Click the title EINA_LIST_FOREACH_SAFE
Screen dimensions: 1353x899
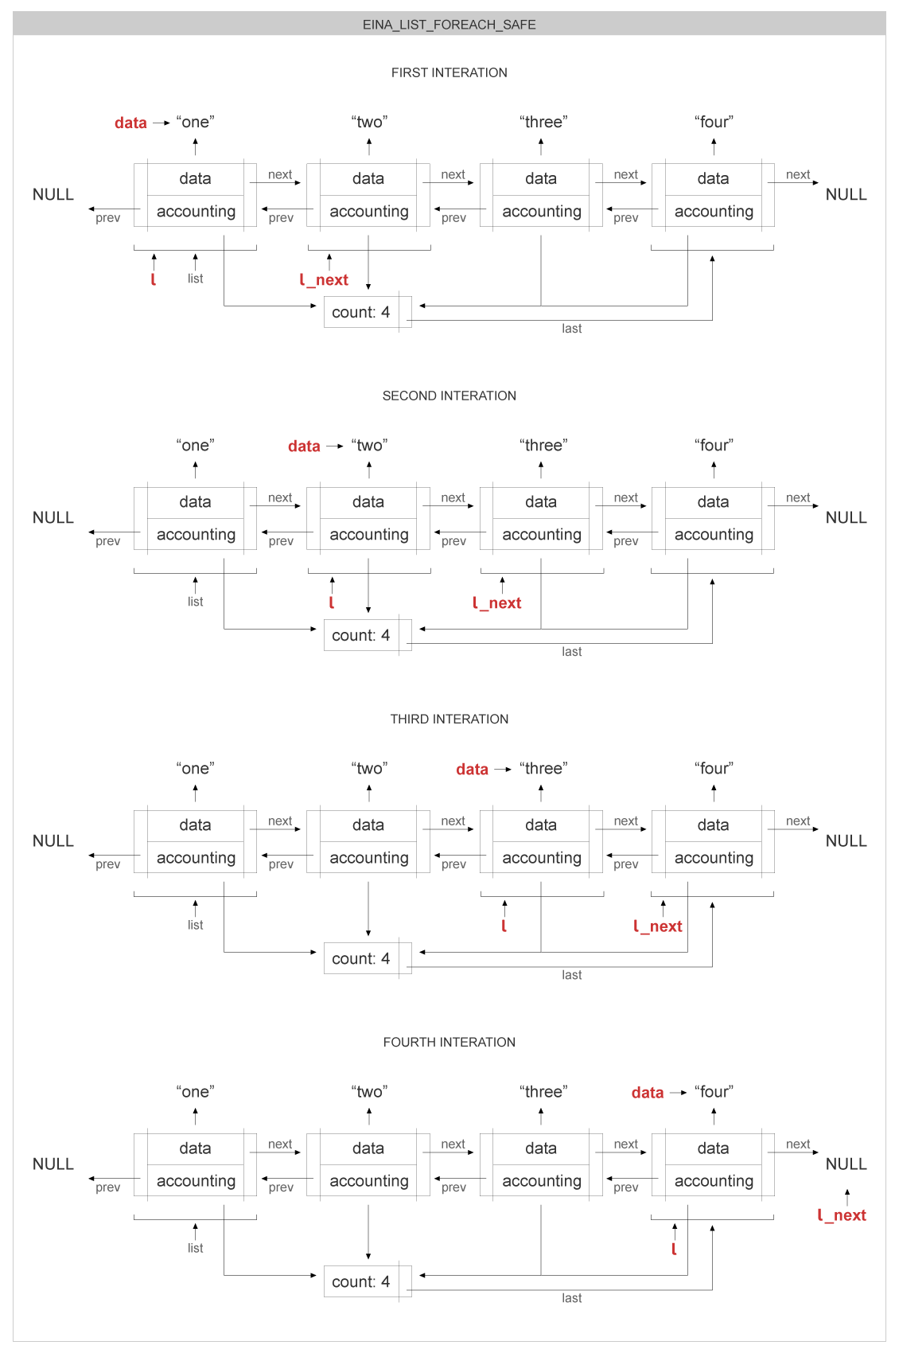pyautogui.click(x=449, y=25)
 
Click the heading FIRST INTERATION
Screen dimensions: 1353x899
pyautogui.click(x=449, y=72)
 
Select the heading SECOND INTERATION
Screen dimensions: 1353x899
pyautogui.click(x=449, y=396)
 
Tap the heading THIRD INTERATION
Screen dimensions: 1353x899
pyautogui.click(x=449, y=719)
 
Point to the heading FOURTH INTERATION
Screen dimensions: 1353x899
pyautogui.click(x=449, y=1042)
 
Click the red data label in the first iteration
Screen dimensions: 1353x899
pyautogui.click(x=130, y=123)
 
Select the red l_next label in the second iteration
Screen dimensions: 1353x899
pyautogui.click(x=497, y=603)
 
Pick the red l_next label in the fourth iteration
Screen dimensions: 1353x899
pyautogui.click(x=843, y=1215)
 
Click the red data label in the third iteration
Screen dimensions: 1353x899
pyautogui.click(x=472, y=769)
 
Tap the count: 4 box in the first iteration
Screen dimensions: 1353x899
pyautogui.click(x=361, y=312)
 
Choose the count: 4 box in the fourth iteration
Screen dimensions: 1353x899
pyautogui.click(x=361, y=1281)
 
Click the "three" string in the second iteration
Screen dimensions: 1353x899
pyautogui.click(x=543, y=445)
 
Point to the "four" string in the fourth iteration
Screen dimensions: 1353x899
pyautogui.click(x=714, y=1091)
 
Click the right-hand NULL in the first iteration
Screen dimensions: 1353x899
pyautogui.click(x=846, y=194)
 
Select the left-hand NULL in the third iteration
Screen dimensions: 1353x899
pyautogui.click(x=53, y=840)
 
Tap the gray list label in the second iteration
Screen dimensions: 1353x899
pyautogui.click(x=195, y=602)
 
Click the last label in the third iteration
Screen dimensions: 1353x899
pyautogui.click(x=571, y=975)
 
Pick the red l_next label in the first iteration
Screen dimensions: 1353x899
pyautogui.click(x=325, y=280)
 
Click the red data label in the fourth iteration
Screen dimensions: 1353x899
pyautogui.click(x=648, y=1093)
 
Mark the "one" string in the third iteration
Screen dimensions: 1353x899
pyautogui.click(x=195, y=768)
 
